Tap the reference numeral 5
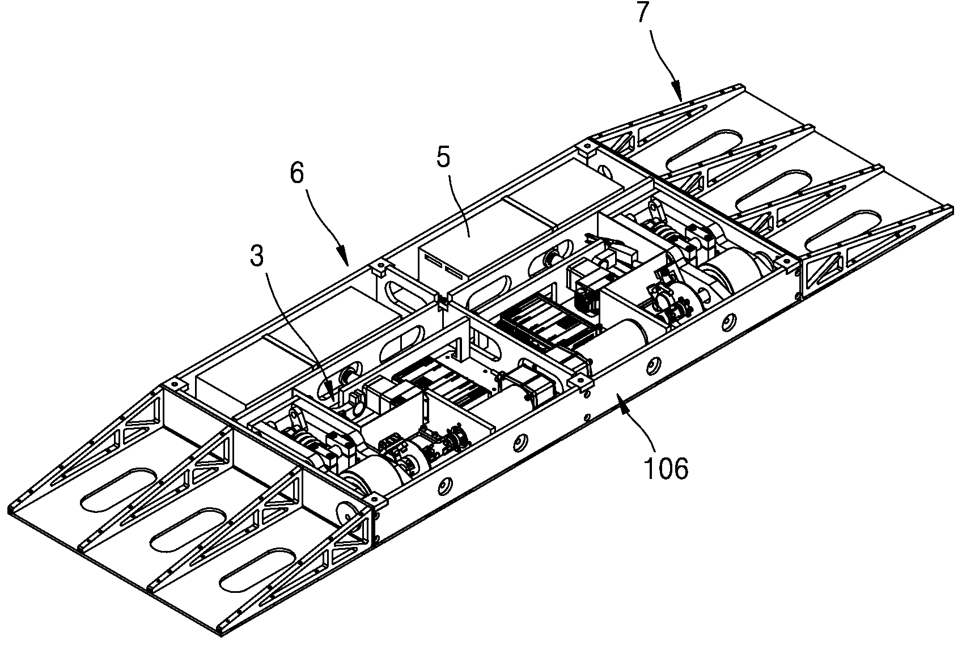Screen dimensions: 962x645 [443, 157]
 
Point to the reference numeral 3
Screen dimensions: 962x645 [256, 256]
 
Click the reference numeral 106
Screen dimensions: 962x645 [666, 468]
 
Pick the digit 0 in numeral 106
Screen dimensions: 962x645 [666, 468]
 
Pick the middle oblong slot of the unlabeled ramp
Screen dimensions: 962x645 [189, 531]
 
